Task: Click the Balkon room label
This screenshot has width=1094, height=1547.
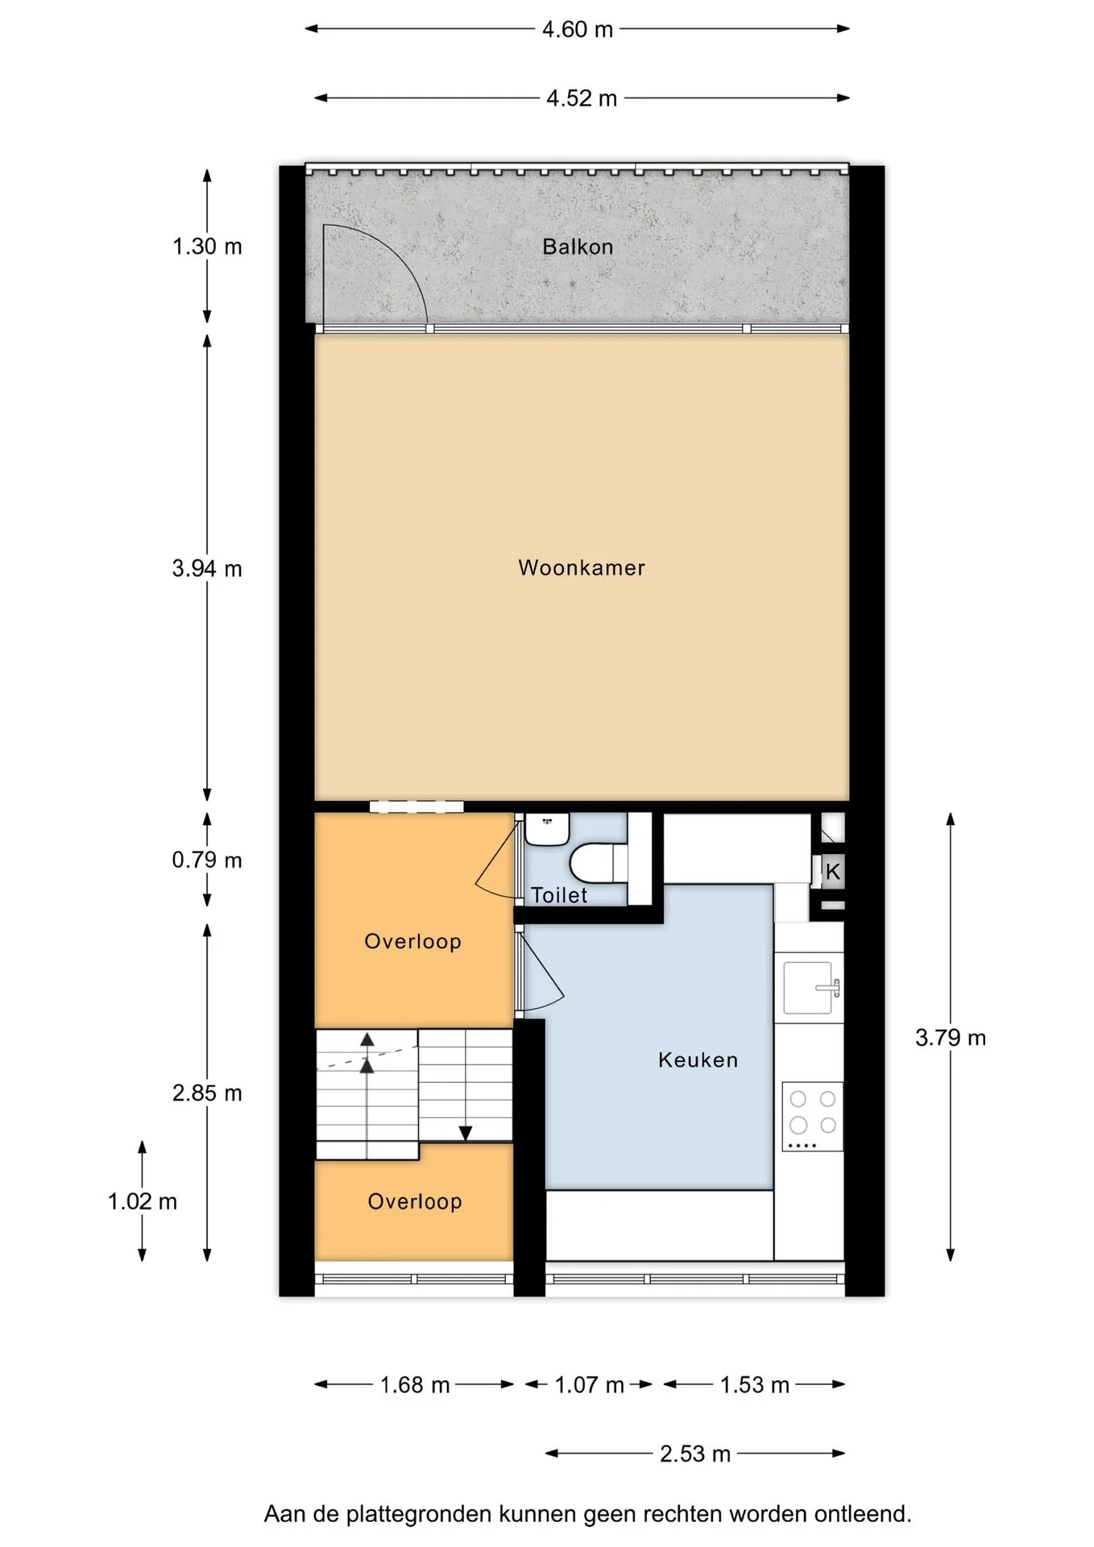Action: (578, 247)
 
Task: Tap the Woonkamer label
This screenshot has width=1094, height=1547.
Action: (582, 568)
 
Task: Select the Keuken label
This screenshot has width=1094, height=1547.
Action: (698, 1060)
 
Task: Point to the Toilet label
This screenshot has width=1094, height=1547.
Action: (559, 895)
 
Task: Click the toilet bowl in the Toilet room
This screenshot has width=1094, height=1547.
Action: (599, 862)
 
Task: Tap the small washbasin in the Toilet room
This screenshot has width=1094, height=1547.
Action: (548, 828)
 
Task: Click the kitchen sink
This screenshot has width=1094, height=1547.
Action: (812, 988)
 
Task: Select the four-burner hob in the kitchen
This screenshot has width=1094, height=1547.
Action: (812, 1117)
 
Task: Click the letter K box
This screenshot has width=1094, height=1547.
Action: (833, 871)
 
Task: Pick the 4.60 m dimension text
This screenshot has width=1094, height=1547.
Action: (578, 30)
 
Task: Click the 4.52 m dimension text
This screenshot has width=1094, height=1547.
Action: (582, 98)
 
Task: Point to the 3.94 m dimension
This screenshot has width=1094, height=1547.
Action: (207, 569)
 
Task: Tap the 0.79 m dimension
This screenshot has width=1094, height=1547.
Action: (207, 861)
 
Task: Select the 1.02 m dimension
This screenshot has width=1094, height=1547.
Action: (143, 1201)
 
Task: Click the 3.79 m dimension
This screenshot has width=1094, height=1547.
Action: (951, 1038)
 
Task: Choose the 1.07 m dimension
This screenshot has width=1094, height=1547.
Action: (590, 1385)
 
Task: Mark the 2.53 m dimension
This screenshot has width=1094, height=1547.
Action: (695, 1454)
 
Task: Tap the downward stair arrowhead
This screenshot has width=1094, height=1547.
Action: (466, 1134)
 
